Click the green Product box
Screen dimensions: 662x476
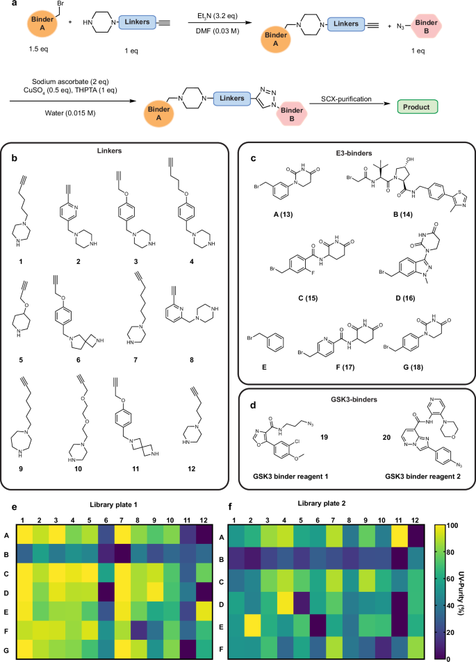click(x=417, y=107)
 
